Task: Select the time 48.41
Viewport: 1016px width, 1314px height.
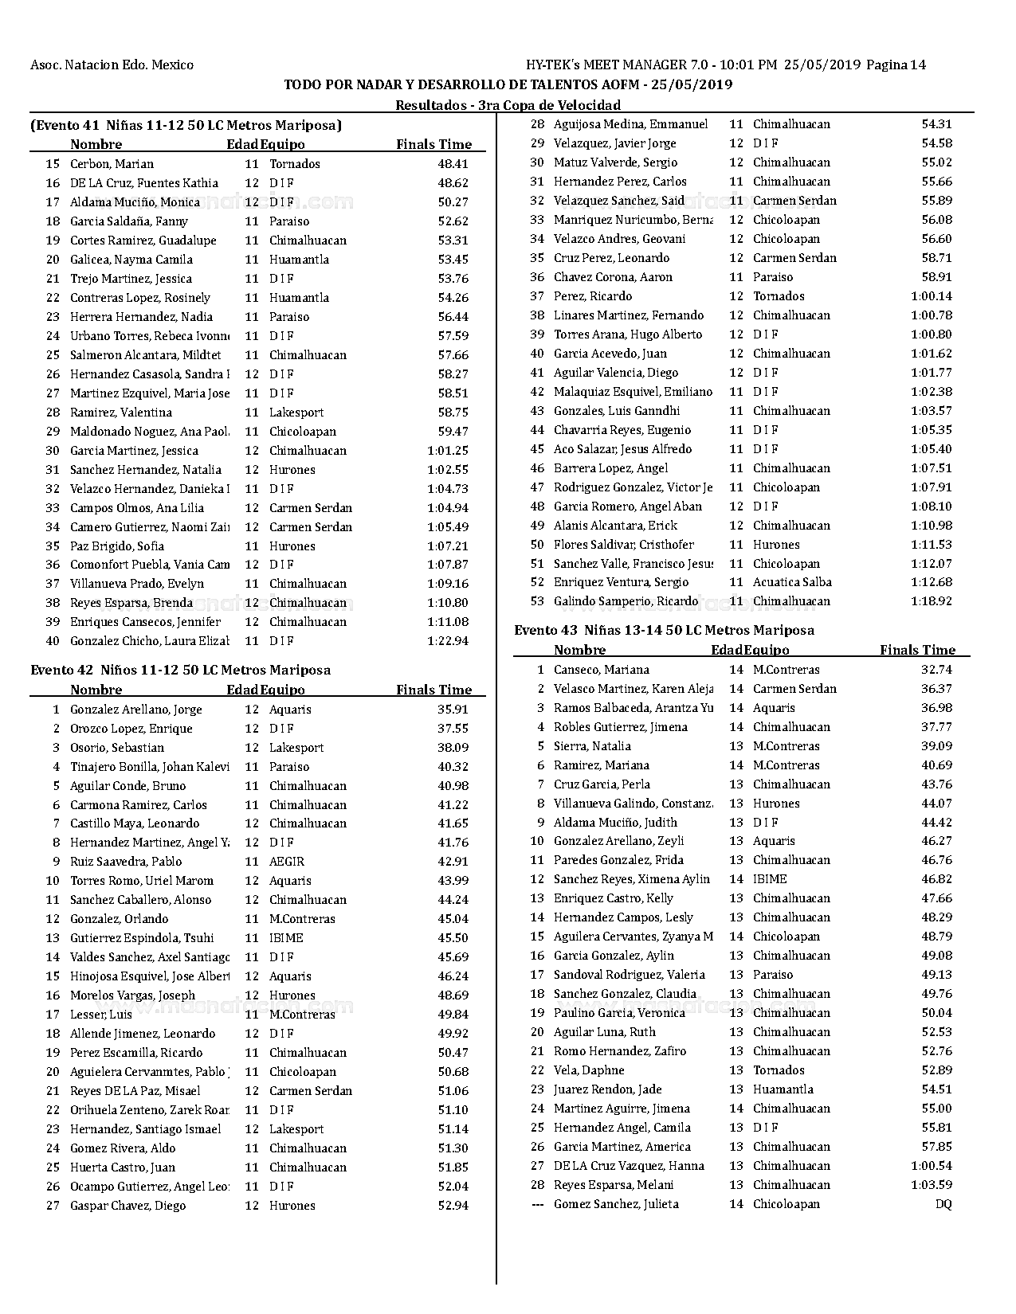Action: (x=453, y=164)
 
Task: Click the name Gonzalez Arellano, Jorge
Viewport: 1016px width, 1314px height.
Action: (x=135, y=710)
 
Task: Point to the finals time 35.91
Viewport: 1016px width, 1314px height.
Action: (x=453, y=710)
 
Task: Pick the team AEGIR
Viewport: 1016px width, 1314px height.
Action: (x=287, y=862)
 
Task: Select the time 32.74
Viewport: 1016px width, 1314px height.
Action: (x=936, y=670)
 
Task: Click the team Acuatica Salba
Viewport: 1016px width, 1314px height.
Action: (x=792, y=583)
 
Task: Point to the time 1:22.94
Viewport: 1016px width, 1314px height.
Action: (x=448, y=641)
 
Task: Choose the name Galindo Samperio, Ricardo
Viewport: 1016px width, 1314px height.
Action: (x=626, y=602)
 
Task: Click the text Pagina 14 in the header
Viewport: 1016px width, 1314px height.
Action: (x=896, y=65)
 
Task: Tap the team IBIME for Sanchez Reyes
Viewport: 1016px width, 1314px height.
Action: (x=770, y=879)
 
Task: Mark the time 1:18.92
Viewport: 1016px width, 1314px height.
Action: (x=932, y=602)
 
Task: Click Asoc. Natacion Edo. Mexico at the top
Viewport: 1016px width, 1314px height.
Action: (x=112, y=65)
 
